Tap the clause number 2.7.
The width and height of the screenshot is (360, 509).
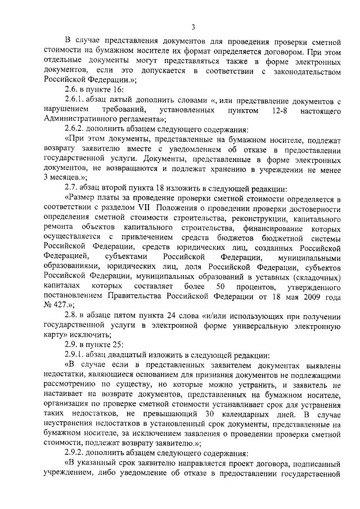tap(71, 187)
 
